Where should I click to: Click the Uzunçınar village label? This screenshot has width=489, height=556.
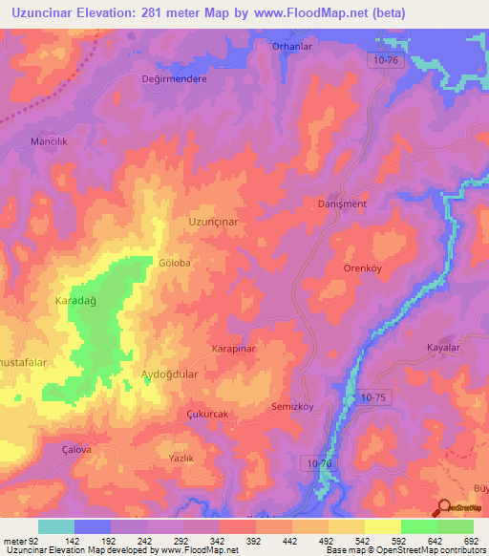pos(212,221)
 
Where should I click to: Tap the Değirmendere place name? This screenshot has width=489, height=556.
pos(175,79)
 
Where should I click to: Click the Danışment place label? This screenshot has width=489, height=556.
pos(341,203)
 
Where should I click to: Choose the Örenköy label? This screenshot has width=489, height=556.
pos(363,268)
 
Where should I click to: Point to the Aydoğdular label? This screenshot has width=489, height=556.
pos(169,374)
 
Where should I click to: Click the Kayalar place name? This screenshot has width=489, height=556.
pos(443,348)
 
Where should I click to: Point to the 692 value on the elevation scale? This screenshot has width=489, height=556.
pos(470,543)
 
